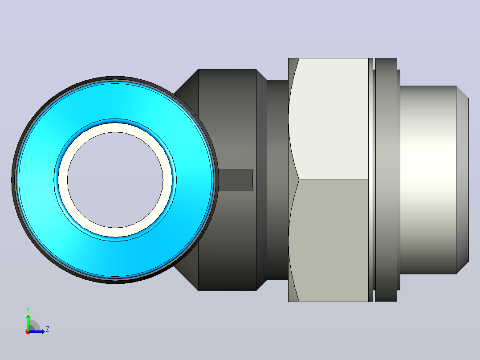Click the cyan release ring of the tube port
pos(37,180)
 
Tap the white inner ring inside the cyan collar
pos(63,180)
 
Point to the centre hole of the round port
pos(115,180)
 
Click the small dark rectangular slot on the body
pos(236,180)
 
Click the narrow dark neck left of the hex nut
pos(277,180)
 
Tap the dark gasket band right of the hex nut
pos(386,180)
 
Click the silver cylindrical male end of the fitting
pos(428,180)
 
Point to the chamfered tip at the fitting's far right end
pos(463,180)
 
